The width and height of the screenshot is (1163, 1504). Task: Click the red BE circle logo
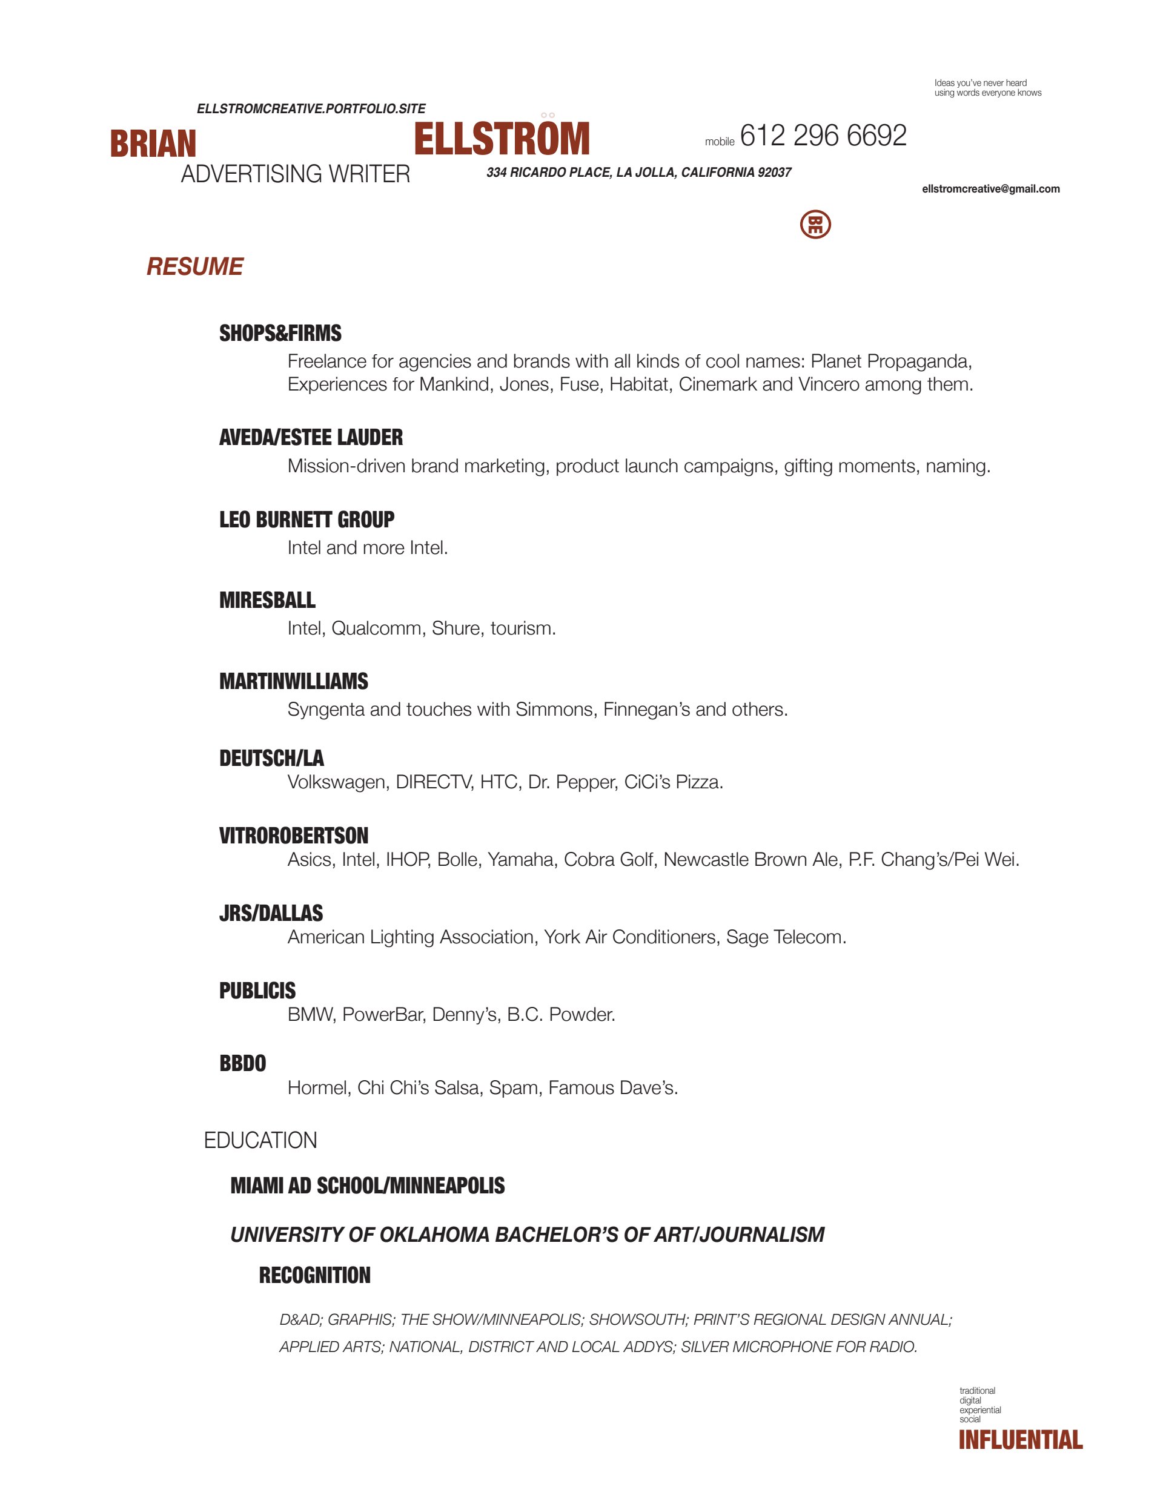click(815, 225)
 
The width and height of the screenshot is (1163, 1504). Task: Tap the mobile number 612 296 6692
click(823, 136)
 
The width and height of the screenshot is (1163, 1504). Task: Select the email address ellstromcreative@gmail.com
click(990, 189)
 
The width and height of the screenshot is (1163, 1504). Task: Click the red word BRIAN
click(153, 143)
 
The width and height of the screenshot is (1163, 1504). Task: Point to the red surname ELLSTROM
click(502, 139)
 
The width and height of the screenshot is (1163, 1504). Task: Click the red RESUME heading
click(194, 266)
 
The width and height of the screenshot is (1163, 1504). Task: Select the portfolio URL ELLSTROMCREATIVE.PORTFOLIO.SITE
click(311, 109)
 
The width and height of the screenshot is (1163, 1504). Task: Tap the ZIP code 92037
click(774, 172)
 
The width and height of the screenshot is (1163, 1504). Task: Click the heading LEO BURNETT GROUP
click(306, 519)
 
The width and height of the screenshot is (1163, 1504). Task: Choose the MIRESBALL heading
click(267, 600)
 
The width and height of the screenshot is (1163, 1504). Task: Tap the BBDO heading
click(242, 1063)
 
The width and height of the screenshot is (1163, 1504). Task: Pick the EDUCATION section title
click(260, 1140)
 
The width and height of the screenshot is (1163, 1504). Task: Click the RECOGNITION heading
click(314, 1275)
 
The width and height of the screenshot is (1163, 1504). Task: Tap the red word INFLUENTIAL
click(1021, 1439)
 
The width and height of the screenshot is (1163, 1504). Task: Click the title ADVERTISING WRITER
click(295, 174)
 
